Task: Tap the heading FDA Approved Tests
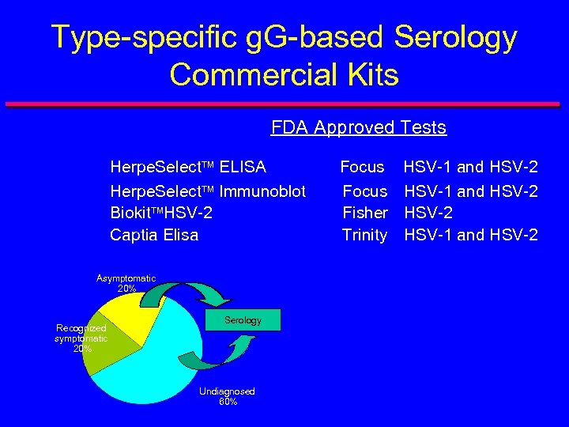coord(359,127)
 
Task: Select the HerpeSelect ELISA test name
coord(188,167)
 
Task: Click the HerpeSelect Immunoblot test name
coord(208,191)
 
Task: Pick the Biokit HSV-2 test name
coord(161,213)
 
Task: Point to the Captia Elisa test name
coord(154,235)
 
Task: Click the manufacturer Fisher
coord(364,213)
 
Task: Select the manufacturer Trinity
coord(364,235)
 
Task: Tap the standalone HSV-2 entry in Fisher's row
coord(429,213)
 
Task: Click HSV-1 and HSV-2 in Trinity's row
coord(471,235)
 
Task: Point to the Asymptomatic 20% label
coord(126,283)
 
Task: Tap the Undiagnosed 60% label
coord(227,396)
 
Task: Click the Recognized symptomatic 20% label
coord(81,338)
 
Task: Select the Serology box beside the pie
coord(243,320)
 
